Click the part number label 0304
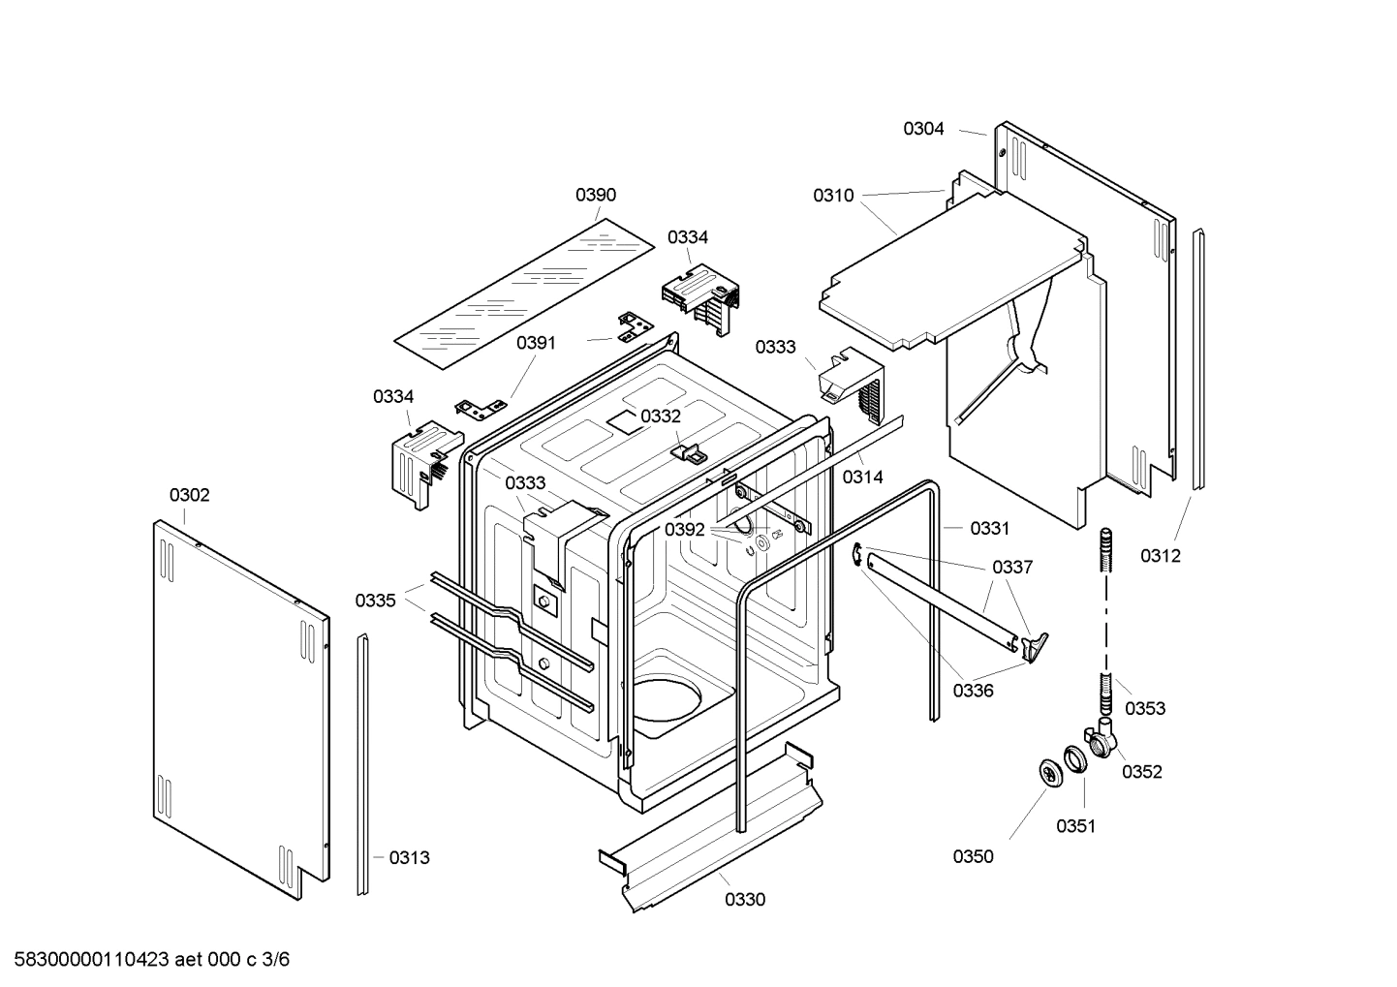click(923, 129)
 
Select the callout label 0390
click(595, 195)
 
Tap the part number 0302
click(189, 495)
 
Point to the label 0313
click(409, 857)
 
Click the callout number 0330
click(744, 900)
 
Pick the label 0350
click(973, 856)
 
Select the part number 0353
click(1144, 708)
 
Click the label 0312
click(1160, 556)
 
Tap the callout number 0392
click(685, 530)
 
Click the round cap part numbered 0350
click(1049, 773)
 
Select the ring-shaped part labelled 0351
click(1074, 758)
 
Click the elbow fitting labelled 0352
click(1101, 742)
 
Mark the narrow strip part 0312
click(1198, 358)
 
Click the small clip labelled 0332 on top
click(688, 451)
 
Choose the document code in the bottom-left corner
click(147, 960)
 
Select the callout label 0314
click(862, 477)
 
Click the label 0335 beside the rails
click(375, 601)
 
